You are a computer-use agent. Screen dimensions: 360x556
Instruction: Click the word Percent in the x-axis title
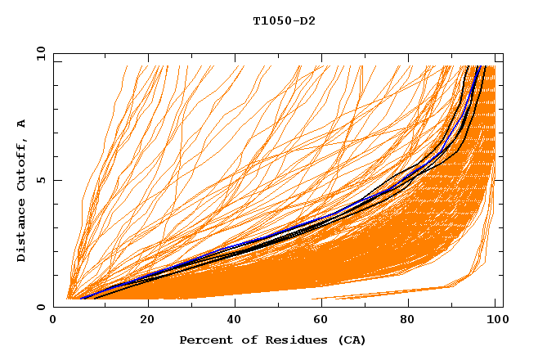click(204, 340)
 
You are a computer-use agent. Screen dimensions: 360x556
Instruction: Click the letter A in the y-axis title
click(22, 124)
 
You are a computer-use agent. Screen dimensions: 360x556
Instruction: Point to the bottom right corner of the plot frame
click(503, 307)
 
